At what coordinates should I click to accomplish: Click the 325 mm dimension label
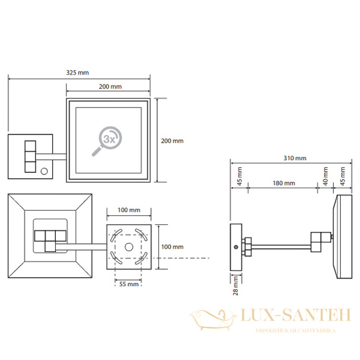tap(77, 73)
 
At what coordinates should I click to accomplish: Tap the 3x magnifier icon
tap(107, 141)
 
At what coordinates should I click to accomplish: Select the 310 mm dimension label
tap(295, 158)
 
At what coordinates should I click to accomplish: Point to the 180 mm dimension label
tap(284, 183)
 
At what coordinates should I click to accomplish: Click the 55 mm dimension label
tap(129, 284)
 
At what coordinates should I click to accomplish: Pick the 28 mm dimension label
tap(236, 286)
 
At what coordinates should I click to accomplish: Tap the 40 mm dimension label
tap(325, 176)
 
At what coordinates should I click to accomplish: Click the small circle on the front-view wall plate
tap(44, 171)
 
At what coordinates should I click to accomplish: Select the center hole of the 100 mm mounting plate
tap(129, 247)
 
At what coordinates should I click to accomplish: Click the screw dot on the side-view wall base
tap(236, 247)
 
